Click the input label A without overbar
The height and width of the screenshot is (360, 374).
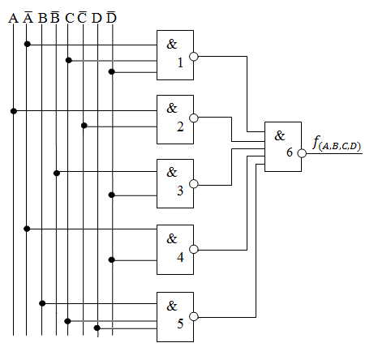point(13,18)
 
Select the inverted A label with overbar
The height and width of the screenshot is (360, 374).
point(28,17)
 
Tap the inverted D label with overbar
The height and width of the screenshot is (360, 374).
point(111,17)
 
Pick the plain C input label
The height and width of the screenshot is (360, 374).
point(70,18)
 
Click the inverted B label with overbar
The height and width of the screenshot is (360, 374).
point(55,17)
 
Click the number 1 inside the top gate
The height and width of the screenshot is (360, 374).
point(180,62)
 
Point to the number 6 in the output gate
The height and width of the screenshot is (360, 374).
point(290,152)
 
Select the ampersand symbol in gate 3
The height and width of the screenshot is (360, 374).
point(172,172)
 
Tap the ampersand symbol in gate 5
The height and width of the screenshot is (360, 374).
point(172,306)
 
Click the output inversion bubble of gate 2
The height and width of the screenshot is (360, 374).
point(194,118)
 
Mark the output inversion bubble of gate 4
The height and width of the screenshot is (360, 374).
point(194,249)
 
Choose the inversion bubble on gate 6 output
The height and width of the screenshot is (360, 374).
point(302,153)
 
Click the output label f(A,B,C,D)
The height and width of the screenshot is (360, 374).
point(337,144)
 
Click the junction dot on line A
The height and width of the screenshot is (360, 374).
point(14,111)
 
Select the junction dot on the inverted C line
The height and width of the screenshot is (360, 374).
point(84,126)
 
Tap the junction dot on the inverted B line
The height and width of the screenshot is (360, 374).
point(57,173)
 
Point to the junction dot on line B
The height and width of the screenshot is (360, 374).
point(42,303)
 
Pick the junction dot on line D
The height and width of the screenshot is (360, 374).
point(97,328)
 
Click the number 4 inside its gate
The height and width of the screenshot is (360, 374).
point(180,257)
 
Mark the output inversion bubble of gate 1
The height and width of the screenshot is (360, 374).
point(194,57)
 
